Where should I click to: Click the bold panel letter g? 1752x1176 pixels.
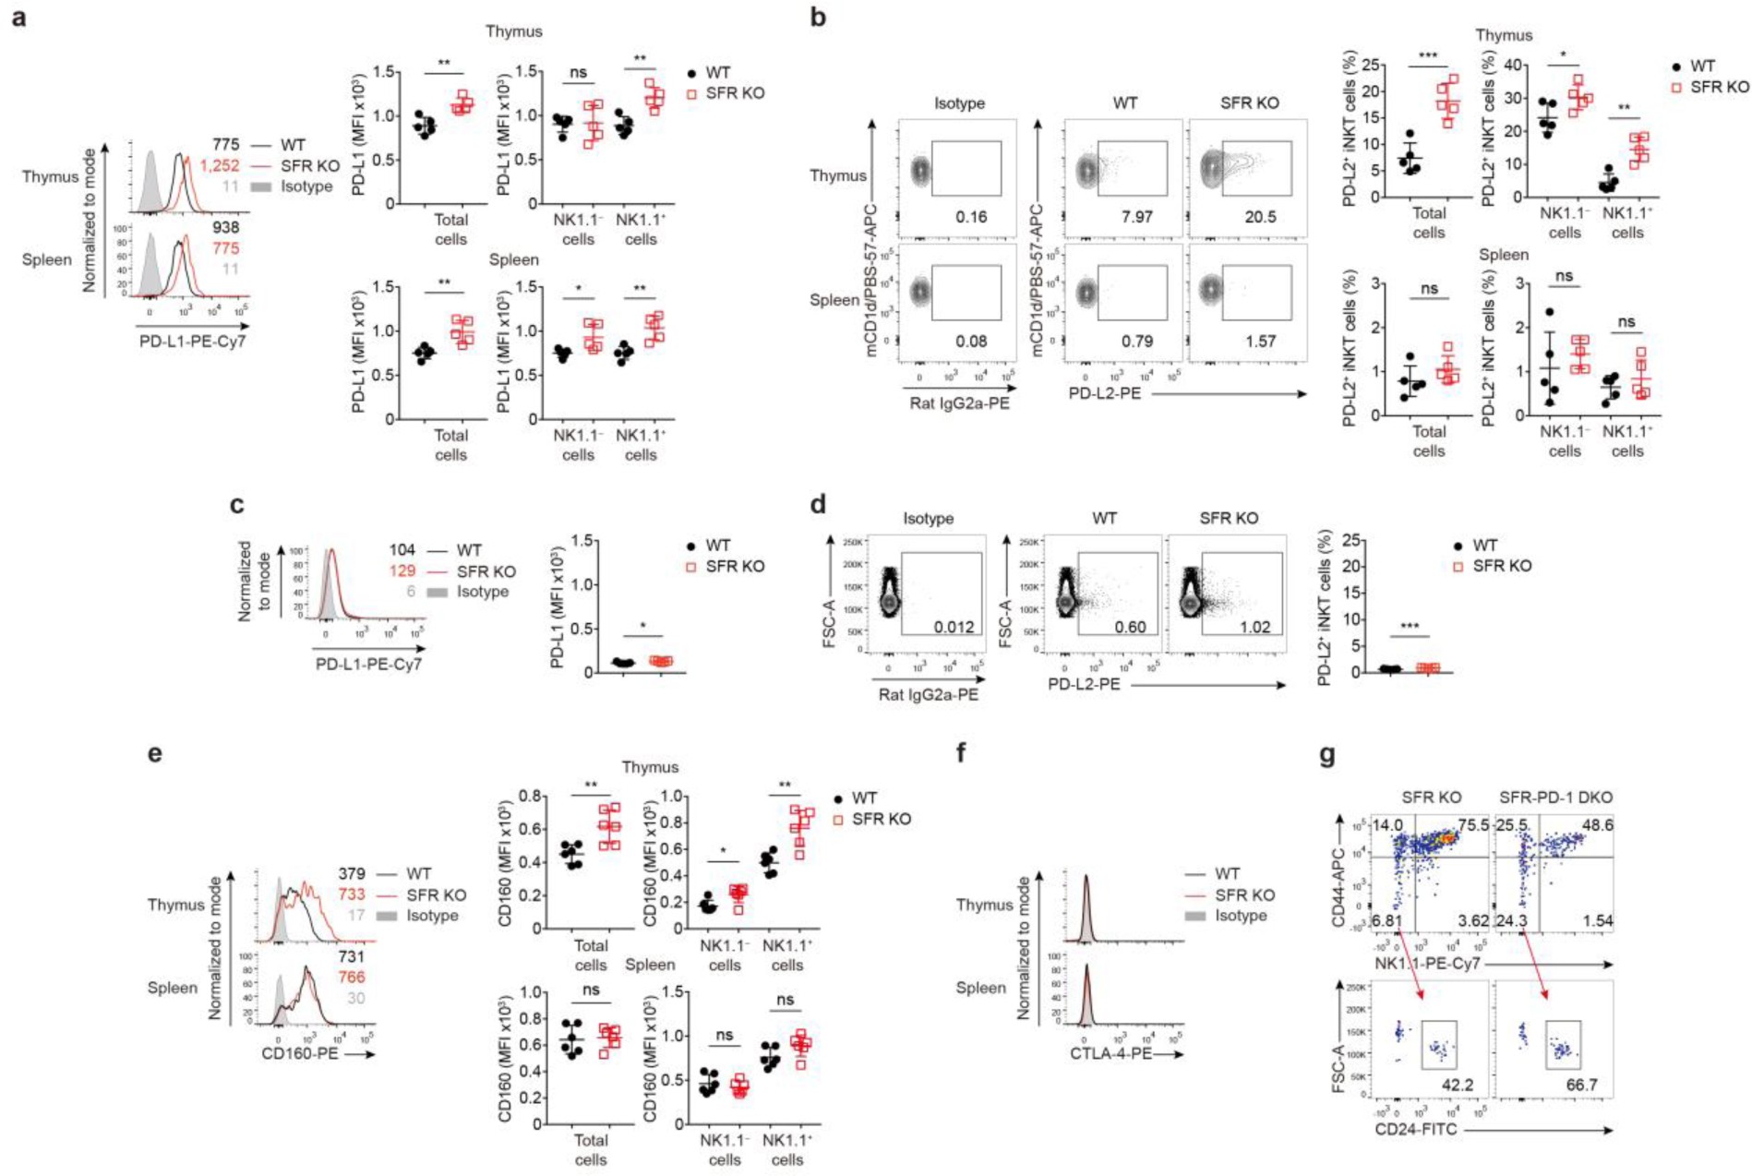[1327, 755]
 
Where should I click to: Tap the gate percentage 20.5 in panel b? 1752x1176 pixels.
[1260, 217]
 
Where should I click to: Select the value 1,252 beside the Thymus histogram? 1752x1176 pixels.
[220, 165]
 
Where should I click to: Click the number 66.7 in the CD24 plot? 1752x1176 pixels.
[1581, 1084]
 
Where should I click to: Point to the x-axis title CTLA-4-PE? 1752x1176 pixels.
[1110, 1053]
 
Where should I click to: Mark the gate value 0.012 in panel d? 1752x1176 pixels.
[954, 627]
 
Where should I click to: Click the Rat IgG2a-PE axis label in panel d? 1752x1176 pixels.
[928, 694]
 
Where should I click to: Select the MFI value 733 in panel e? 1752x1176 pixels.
[351, 894]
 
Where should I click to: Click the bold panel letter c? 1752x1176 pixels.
[237, 505]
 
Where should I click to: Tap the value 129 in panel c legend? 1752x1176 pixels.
[402, 571]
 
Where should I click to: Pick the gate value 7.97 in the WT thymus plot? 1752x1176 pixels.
[1136, 217]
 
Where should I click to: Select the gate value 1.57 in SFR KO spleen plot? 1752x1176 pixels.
[1260, 341]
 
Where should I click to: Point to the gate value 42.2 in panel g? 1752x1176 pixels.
[1456, 1084]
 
